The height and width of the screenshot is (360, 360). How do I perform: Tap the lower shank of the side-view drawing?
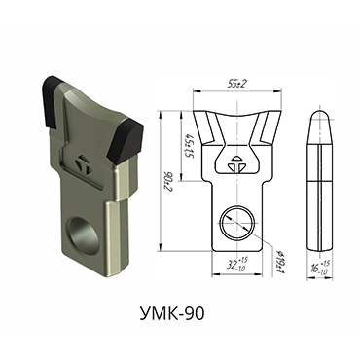318,219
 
